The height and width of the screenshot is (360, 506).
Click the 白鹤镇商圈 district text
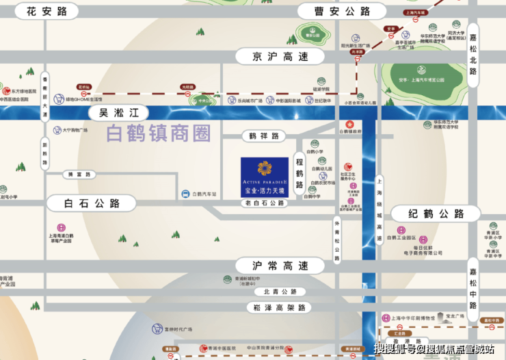click(x=159, y=133)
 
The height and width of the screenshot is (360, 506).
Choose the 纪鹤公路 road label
click(x=436, y=214)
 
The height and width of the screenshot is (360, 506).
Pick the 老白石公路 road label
click(x=265, y=203)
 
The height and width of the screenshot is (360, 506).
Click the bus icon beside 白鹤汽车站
click(x=185, y=194)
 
